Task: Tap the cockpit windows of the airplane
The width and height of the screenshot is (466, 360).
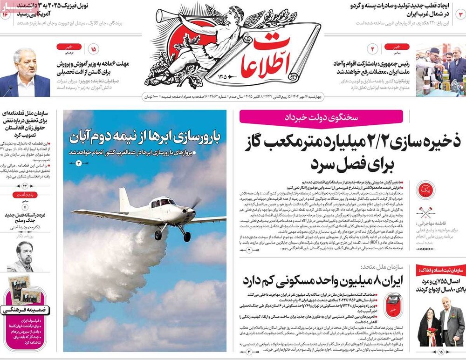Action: coord(161,203)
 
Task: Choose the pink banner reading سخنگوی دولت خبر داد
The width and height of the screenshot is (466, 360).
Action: coord(321,116)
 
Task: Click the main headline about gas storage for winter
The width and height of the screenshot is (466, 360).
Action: coord(349,151)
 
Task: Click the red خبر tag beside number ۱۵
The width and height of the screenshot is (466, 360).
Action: coord(69,47)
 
